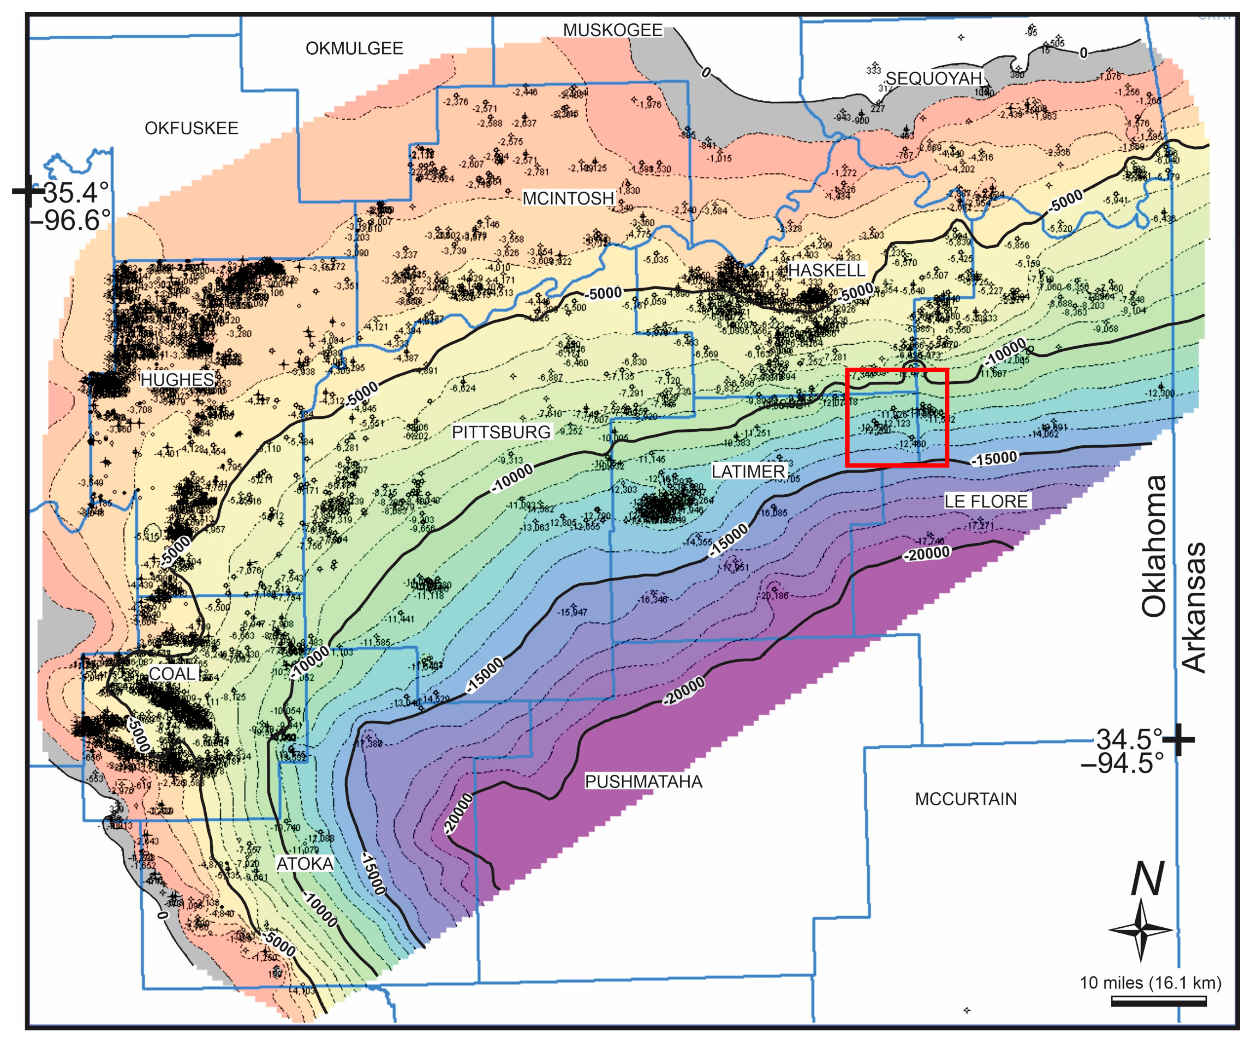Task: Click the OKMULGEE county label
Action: (354, 48)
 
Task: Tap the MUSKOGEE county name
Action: (613, 30)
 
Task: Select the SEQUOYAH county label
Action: (933, 78)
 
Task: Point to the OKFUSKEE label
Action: (191, 128)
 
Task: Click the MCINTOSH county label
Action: (568, 198)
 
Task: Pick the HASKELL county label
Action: (827, 270)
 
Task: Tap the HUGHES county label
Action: (177, 380)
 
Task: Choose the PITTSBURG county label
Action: (501, 432)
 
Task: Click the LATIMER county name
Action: (748, 472)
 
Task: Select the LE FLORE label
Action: (986, 502)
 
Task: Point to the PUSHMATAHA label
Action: (643, 781)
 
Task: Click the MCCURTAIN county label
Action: (965, 799)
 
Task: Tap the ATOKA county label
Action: (305, 864)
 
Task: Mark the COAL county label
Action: (172, 673)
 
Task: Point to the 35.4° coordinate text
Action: (76, 193)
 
